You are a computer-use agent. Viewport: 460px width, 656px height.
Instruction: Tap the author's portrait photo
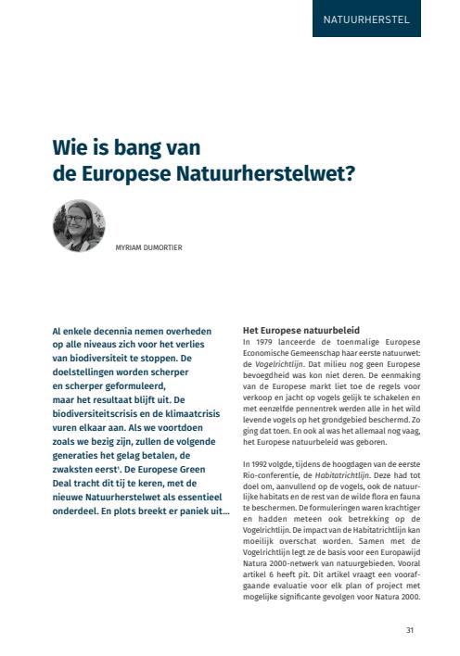click(x=79, y=226)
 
